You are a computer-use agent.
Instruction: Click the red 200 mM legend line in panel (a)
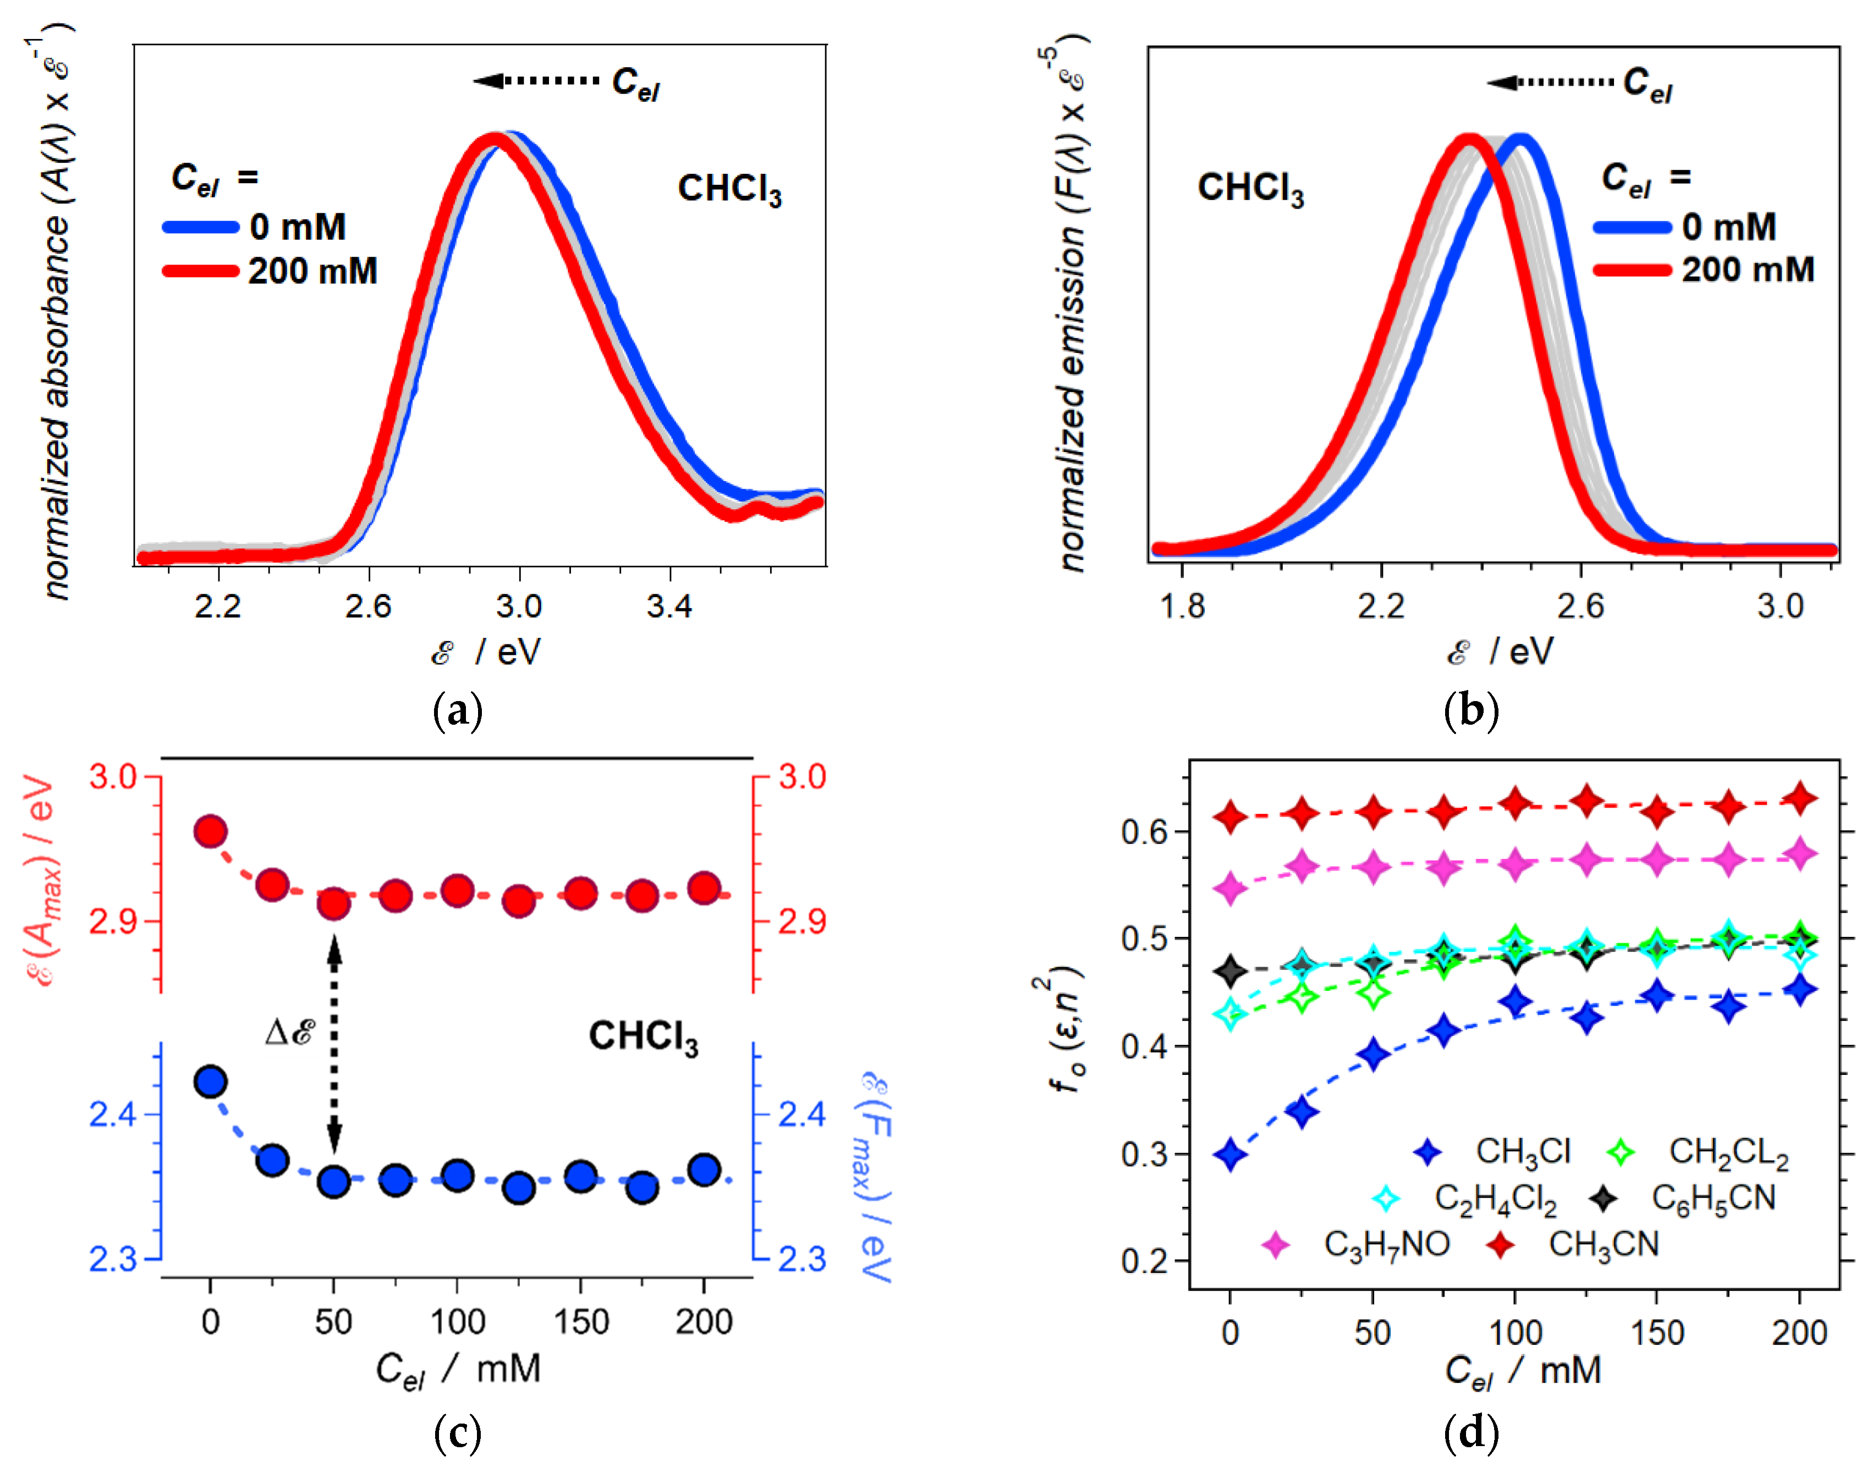[200, 272]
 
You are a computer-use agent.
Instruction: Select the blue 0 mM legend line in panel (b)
[1632, 228]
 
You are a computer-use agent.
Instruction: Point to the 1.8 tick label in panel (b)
[1182, 606]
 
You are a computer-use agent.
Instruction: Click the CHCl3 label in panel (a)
[729, 189]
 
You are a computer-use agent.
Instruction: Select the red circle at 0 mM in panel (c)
[211, 831]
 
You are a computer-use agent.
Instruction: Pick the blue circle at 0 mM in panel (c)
[211, 1082]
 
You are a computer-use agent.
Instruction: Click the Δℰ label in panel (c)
[290, 1032]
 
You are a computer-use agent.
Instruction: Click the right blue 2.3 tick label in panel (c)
[801, 1259]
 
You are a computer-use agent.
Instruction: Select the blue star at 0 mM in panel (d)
[1229, 1154]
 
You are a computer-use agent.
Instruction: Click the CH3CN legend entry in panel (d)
[1603, 1244]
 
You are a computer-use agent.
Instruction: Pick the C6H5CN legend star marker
[1602, 1198]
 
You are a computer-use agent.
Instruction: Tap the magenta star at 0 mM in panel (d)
[1229, 887]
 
